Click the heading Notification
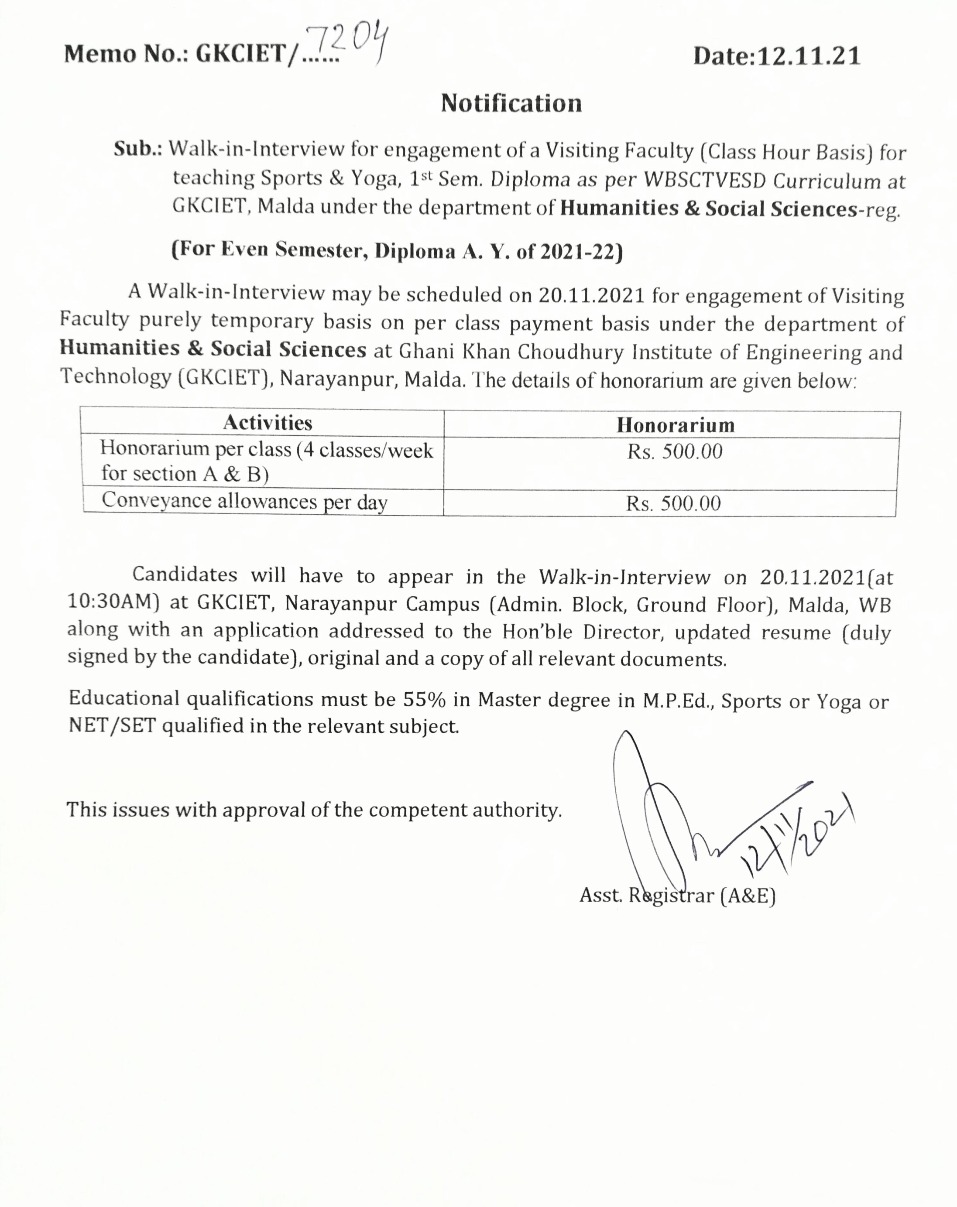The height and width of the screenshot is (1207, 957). [511, 103]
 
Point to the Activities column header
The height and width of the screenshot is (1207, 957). [267, 423]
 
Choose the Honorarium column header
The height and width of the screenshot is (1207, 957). [676, 425]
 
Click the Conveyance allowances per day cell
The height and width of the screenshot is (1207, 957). [244, 501]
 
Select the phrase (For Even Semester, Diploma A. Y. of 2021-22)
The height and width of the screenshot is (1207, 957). [397, 250]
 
